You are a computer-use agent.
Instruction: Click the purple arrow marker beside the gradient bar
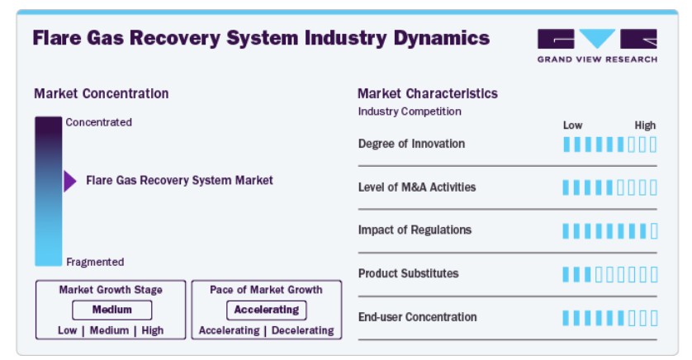[69, 181]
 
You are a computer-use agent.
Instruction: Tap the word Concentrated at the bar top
[99, 122]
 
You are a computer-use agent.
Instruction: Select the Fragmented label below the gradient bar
[95, 262]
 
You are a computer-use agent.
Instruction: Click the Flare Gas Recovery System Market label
[180, 181]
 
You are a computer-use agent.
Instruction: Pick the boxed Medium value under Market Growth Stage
[112, 310]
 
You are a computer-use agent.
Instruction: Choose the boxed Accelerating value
[267, 310]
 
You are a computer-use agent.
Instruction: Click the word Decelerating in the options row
[303, 330]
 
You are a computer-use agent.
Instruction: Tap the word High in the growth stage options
[153, 330]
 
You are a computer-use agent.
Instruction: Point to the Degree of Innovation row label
[412, 144]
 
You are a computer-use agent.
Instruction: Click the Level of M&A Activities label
[417, 187]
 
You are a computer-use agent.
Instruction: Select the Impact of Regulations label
[415, 230]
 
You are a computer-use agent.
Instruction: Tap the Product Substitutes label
[409, 273]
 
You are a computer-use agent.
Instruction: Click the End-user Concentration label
[418, 317]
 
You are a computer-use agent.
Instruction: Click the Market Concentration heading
[102, 93]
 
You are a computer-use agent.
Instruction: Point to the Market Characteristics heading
[428, 93]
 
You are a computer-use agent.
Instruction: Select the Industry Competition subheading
[410, 111]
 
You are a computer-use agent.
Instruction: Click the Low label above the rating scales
[573, 126]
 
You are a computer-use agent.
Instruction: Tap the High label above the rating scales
[645, 126]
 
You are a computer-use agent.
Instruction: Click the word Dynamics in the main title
[442, 38]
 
